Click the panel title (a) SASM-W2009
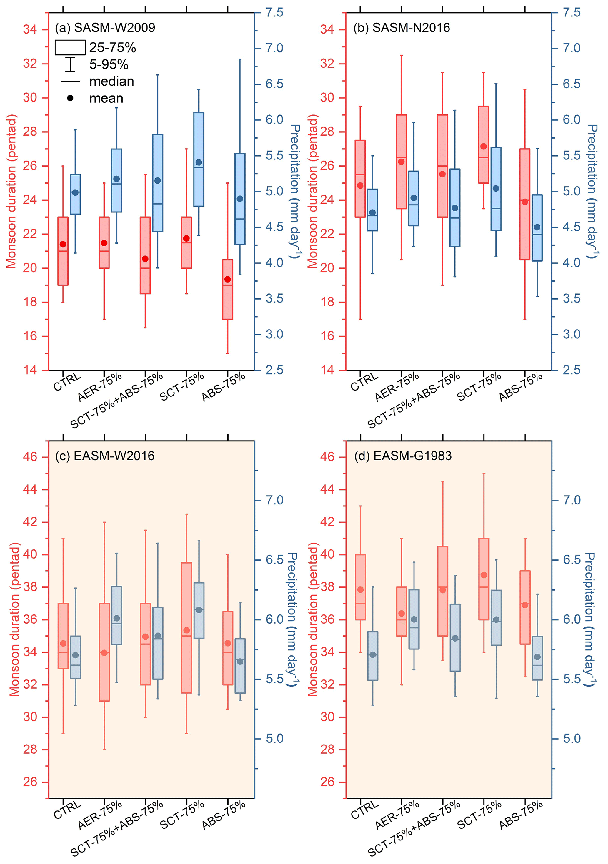(105, 28)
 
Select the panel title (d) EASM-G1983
(403, 456)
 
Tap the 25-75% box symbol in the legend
(70, 48)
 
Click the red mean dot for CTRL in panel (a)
(63, 244)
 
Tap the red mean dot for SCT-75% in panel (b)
(484, 146)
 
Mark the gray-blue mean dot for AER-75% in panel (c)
(117, 618)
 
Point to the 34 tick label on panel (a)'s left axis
(30, 29)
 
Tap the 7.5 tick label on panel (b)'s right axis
(572, 13)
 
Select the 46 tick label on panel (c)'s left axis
(30, 457)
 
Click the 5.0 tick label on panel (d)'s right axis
(572, 739)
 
